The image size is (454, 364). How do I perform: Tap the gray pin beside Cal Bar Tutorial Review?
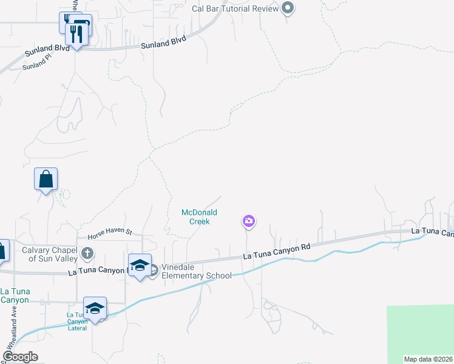point(288,8)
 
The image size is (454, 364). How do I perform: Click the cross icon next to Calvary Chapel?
point(87,252)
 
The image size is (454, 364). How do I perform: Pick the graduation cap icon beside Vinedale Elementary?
point(140,266)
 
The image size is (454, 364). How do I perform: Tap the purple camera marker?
point(248,221)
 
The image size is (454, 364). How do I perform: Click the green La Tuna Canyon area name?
point(15,295)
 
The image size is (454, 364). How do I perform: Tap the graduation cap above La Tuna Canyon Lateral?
point(95,308)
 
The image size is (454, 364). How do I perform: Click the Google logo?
point(20,357)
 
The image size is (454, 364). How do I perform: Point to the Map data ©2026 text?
point(428,359)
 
